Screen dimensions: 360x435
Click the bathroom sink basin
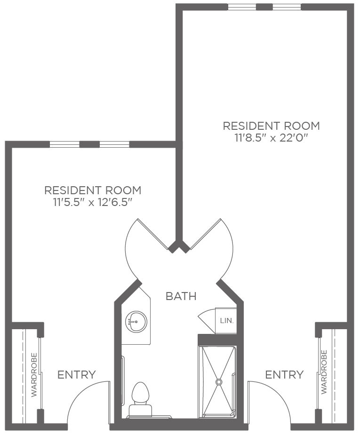pyautogui.click(x=136, y=322)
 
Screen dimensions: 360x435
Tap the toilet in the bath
pyautogui.click(x=140, y=400)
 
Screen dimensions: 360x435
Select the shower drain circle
pyautogui.click(x=219, y=382)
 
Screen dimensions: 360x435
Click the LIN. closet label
pyautogui.click(x=227, y=321)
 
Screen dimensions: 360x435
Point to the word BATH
pyautogui.click(x=181, y=296)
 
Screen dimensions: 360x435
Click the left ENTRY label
pyautogui.click(x=77, y=375)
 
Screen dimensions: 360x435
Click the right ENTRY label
pyautogui.click(x=285, y=375)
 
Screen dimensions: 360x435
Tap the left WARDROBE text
pyautogui.click(x=34, y=375)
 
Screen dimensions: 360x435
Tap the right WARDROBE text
pyautogui.click(x=324, y=372)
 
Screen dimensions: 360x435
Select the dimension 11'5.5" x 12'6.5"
pyautogui.click(x=92, y=203)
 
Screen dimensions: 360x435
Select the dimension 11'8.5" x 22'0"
pyautogui.click(x=272, y=138)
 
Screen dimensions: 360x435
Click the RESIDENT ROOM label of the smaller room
pyautogui.click(x=93, y=190)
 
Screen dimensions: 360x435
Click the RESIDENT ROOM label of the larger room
pyautogui.click(x=272, y=126)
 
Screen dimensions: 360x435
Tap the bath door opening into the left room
pyautogui.click(x=153, y=234)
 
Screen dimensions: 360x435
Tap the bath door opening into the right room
pyautogui.click(x=205, y=234)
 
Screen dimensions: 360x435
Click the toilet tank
pyautogui.click(x=140, y=411)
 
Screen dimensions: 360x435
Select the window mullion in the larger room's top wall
pyautogui.click(x=264, y=7)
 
